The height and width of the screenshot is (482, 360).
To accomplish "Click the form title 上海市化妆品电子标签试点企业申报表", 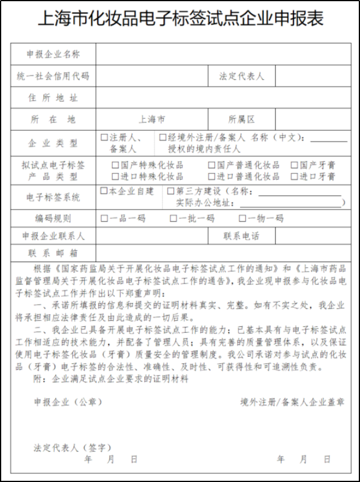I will (180, 19).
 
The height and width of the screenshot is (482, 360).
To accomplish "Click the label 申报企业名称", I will (53, 55).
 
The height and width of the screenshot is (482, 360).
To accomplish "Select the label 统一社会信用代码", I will (53, 76).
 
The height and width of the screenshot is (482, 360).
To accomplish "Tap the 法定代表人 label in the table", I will (241, 76).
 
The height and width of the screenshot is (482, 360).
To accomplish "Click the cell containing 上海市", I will (151, 119).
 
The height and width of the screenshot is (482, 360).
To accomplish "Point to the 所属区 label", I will (241, 119).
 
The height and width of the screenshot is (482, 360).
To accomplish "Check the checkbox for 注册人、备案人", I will (105, 138).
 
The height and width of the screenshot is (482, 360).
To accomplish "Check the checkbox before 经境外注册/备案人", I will (163, 138).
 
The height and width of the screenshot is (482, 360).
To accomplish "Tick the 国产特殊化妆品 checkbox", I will (115, 165).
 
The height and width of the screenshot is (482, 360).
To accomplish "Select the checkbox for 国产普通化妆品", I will (211, 165).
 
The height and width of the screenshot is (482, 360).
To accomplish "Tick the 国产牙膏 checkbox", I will (294, 165).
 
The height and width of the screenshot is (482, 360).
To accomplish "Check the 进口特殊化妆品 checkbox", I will (115, 177).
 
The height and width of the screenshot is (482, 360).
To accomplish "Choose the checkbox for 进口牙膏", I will (294, 177).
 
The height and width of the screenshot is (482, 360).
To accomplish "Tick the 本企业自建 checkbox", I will (104, 191).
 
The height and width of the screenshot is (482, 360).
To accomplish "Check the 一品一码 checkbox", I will (105, 218).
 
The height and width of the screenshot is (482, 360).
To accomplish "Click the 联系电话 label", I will (241, 236).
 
